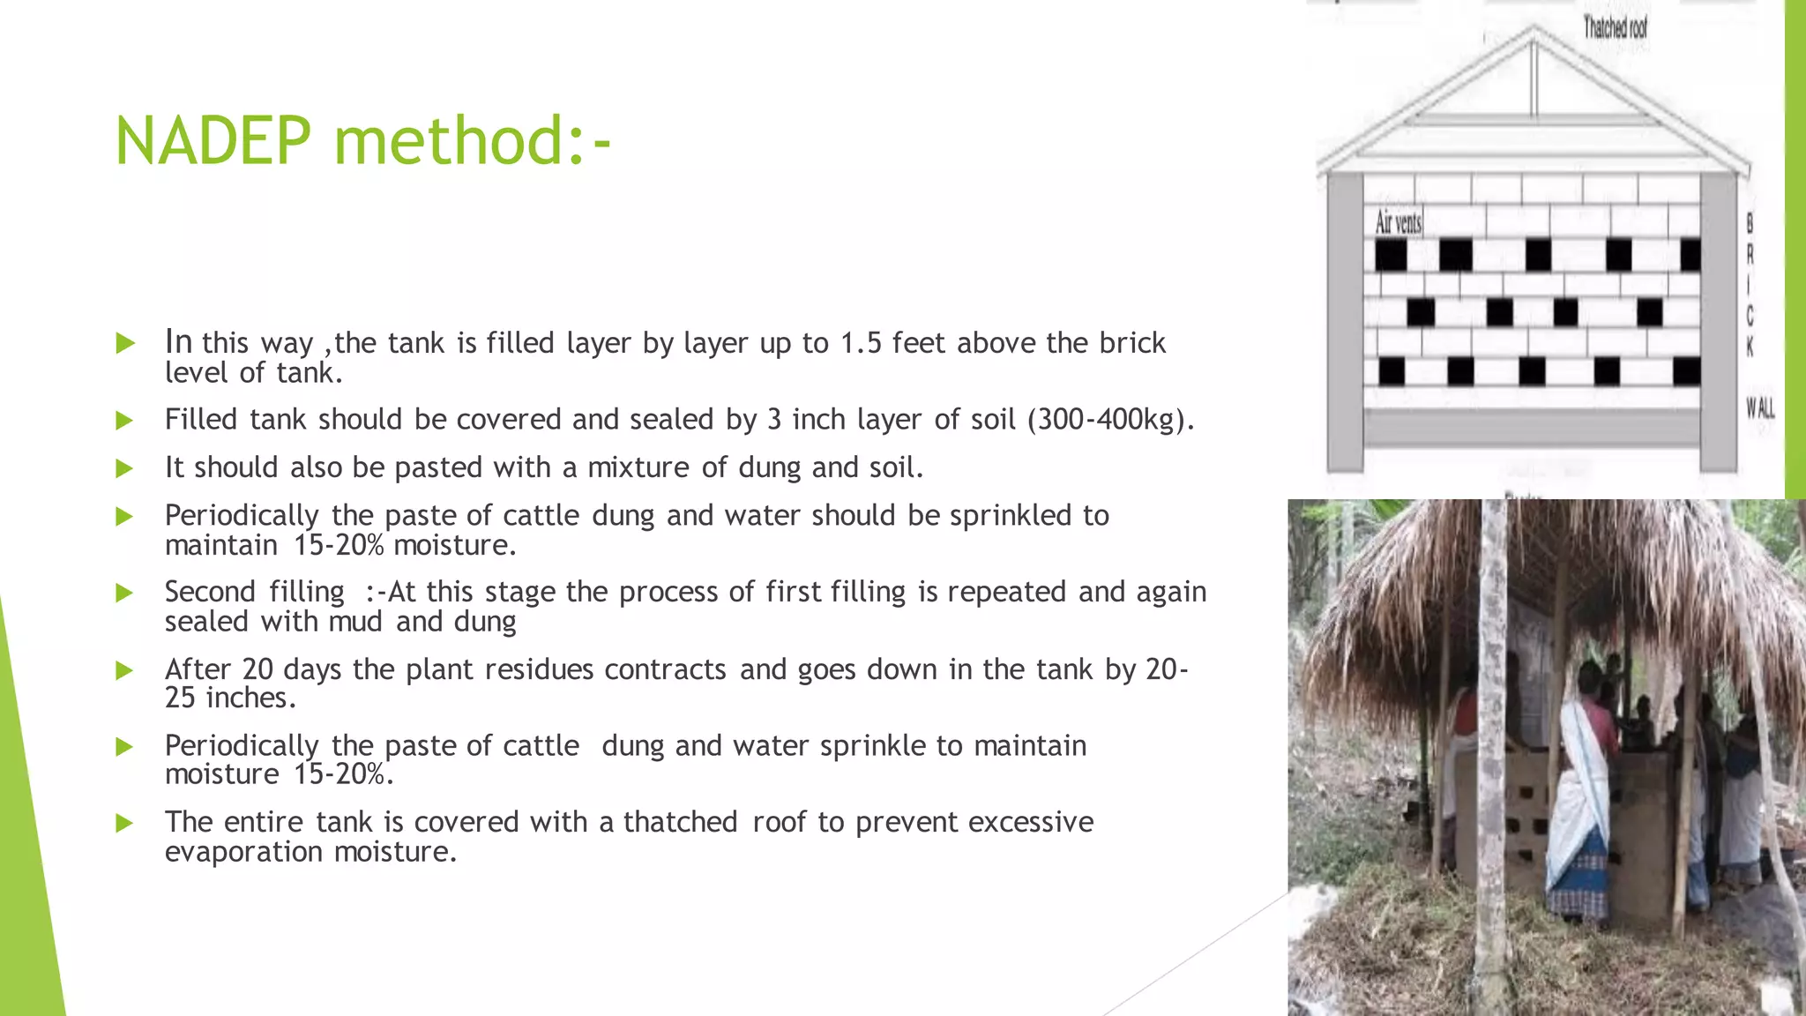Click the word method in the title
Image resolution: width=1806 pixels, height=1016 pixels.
[448, 141]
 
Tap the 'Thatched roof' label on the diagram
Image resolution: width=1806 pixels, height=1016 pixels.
[1615, 28]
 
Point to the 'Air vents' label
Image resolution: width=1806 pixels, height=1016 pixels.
[1399, 222]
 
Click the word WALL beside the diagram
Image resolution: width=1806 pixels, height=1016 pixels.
[1759, 407]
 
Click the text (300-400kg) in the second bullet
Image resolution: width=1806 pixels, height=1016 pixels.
[1110, 420]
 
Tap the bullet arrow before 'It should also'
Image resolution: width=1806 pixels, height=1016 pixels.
[125, 468]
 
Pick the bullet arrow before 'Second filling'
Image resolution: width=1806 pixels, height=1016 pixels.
[125, 593]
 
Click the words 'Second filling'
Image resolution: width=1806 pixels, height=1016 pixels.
[254, 592]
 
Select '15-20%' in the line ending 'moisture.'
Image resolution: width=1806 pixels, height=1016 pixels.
[339, 546]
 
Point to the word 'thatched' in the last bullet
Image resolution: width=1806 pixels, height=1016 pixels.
[680, 822]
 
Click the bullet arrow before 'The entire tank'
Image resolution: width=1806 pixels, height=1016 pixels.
[125, 824]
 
